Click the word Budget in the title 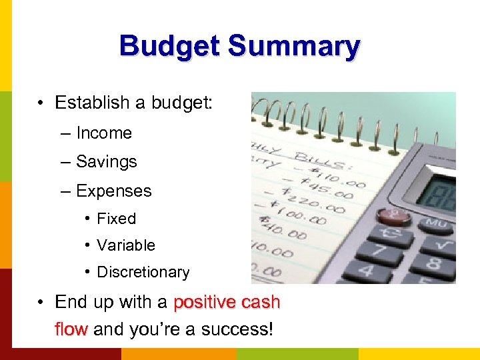point(170,47)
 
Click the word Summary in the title point(293,47)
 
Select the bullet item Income point(104,133)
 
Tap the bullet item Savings point(107,162)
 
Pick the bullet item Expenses point(114,191)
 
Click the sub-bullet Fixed point(117,219)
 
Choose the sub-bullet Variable point(126,245)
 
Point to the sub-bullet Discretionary point(143,272)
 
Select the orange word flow point(71,329)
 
